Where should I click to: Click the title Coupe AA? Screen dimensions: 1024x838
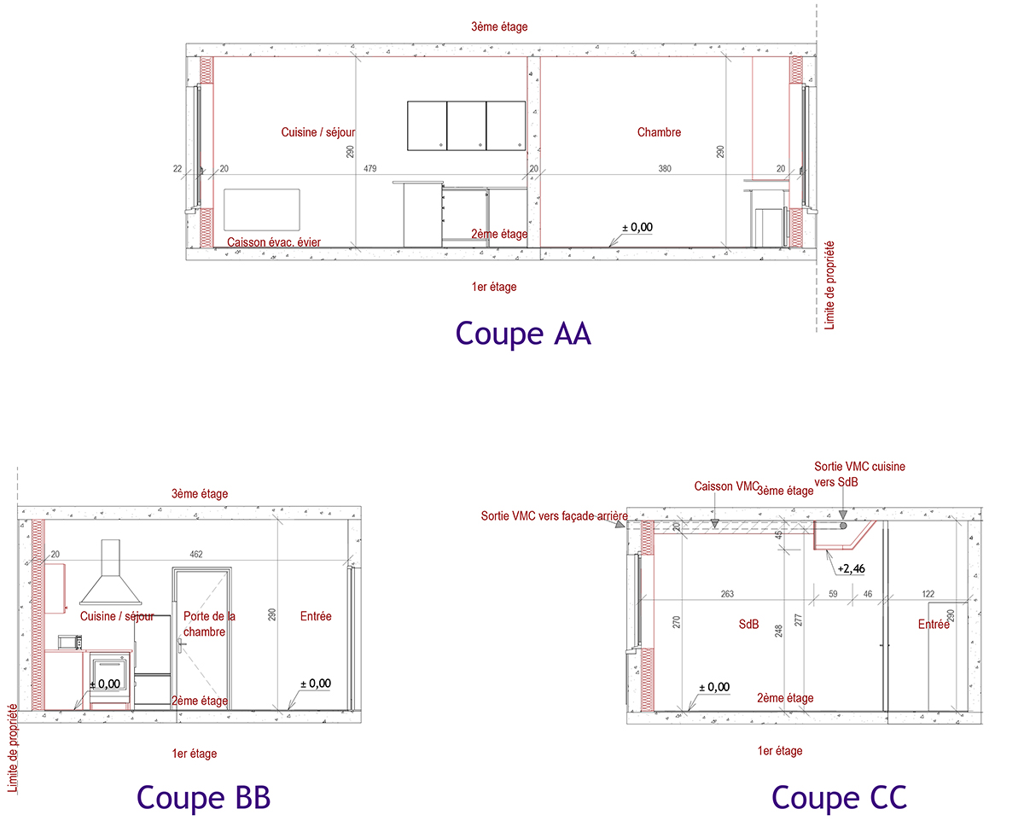coord(523,334)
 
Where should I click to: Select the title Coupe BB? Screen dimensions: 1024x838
coord(203,797)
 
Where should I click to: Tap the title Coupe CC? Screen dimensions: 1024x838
coord(839,797)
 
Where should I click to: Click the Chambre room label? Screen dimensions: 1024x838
coord(659,132)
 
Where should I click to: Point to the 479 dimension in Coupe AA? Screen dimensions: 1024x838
coord(370,168)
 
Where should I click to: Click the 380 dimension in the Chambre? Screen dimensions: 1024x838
coord(665,168)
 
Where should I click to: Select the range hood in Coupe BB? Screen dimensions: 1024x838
coord(111,572)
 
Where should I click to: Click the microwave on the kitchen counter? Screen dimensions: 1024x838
coord(70,642)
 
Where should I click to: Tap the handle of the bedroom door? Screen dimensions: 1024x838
coord(182,644)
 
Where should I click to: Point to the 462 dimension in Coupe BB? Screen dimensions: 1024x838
coord(196,554)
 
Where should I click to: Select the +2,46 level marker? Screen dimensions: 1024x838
coord(851,568)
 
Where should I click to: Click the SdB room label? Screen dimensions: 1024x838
coord(748,625)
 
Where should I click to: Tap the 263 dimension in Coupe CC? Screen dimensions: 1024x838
coord(727,594)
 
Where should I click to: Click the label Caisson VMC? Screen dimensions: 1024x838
coord(726,486)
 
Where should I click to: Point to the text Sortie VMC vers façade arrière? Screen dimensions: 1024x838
coord(554,515)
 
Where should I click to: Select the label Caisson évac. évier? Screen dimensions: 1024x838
coord(274,242)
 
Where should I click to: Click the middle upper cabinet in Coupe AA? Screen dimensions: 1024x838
coord(466,125)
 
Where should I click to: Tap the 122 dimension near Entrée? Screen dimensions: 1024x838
coord(928,594)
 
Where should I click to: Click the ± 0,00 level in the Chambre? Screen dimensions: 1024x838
coord(637,227)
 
